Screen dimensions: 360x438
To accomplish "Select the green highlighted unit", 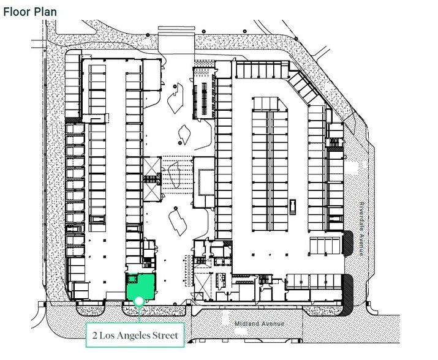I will point(140,287).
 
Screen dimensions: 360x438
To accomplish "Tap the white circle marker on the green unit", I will point(140,301).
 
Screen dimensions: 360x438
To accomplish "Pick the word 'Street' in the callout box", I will point(165,335).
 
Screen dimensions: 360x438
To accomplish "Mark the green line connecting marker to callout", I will point(140,313).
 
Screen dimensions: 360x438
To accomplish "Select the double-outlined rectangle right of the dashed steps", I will point(205,179).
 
